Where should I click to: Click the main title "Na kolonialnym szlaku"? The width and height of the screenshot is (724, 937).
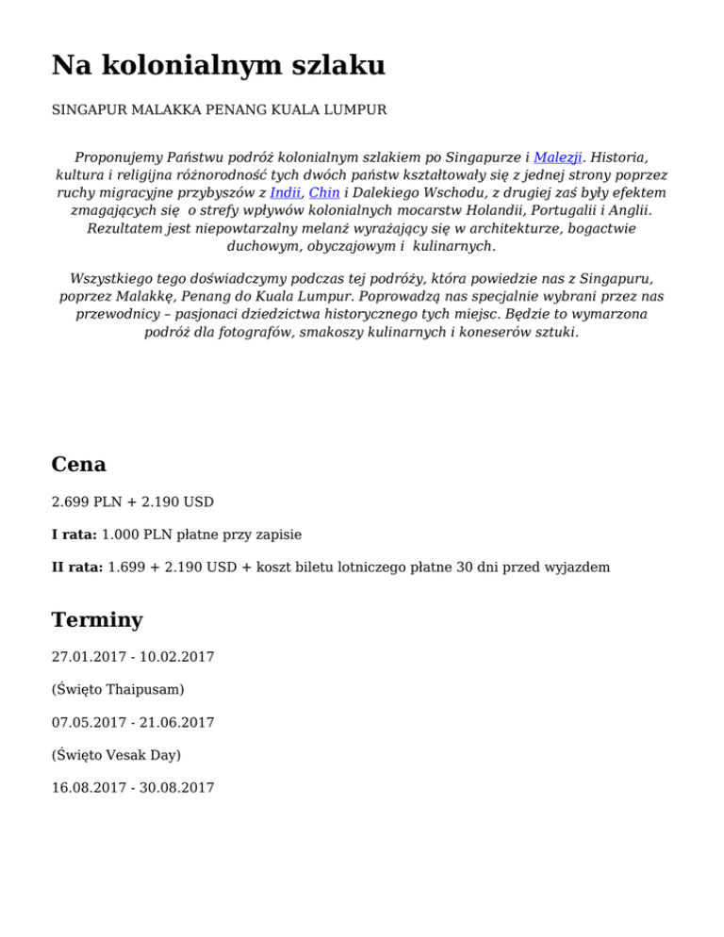point(218,65)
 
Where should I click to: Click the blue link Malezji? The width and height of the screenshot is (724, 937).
point(557,157)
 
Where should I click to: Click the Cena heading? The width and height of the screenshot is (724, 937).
point(78,464)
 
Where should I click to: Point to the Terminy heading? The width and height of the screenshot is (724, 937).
point(97,619)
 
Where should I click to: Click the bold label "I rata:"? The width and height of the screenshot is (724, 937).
point(74,534)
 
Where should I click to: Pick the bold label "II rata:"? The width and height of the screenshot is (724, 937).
point(77,567)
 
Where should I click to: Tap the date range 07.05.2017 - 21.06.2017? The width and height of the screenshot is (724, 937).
point(132,722)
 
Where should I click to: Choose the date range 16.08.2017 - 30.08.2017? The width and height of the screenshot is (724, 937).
point(132,787)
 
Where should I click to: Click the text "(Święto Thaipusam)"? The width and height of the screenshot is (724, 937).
point(118,689)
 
